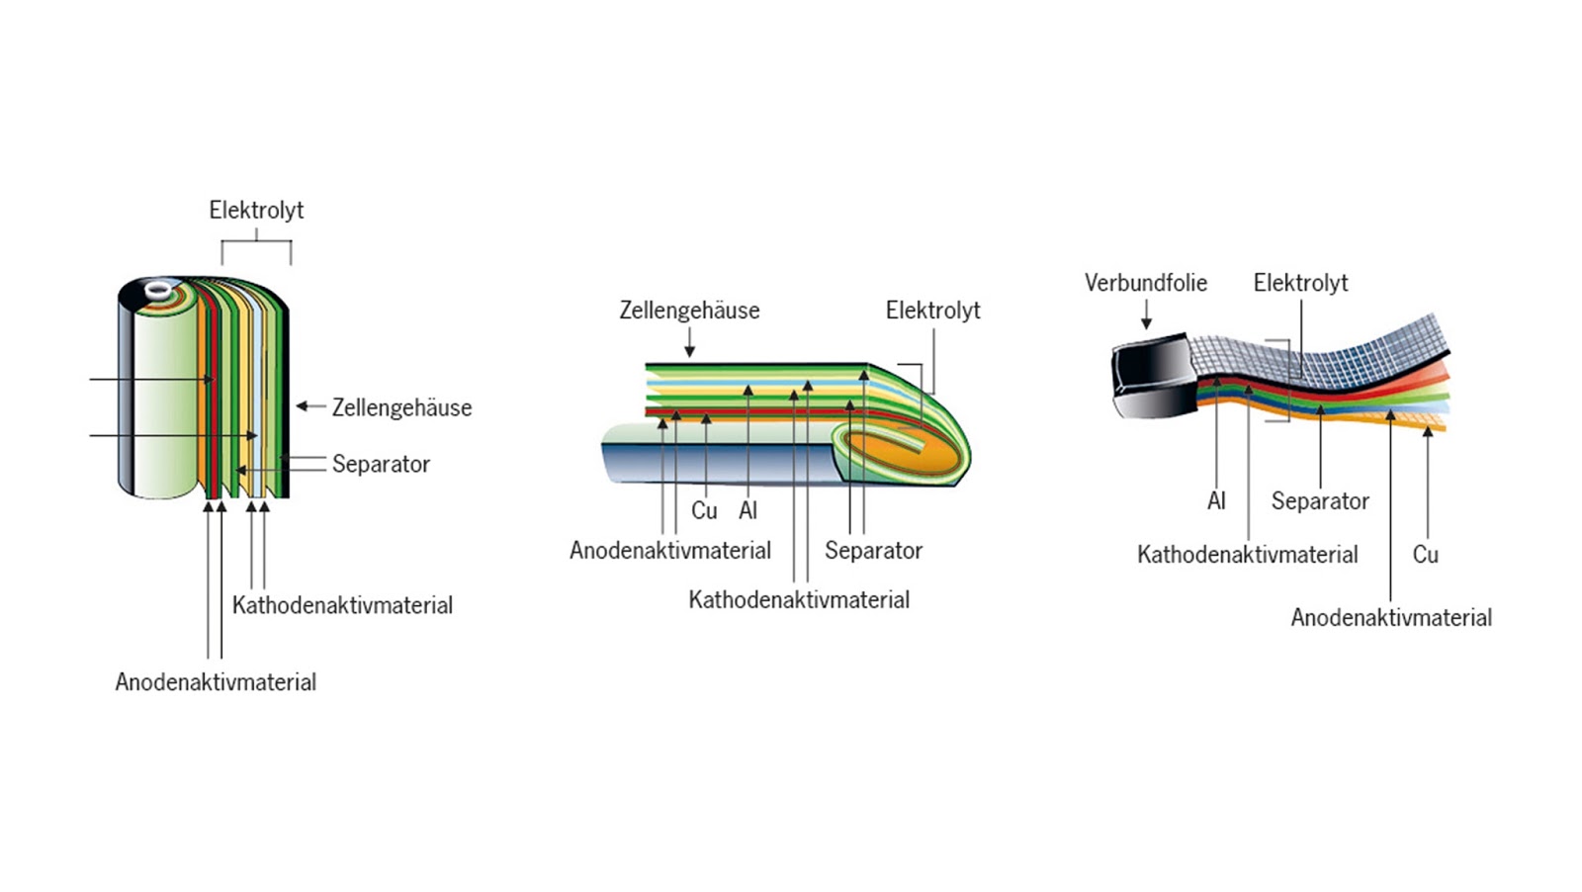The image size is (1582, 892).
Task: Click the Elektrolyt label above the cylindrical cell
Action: tap(256, 211)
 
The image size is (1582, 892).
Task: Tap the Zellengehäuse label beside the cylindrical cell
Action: tap(401, 407)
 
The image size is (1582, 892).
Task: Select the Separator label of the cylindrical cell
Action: tap(381, 464)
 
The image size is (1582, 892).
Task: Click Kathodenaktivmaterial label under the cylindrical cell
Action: tap(342, 605)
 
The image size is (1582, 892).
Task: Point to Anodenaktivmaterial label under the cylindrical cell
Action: tap(216, 682)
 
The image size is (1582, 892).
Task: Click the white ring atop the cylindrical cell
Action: tap(158, 290)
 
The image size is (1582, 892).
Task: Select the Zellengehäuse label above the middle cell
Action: tap(689, 311)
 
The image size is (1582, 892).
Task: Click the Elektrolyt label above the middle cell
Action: tap(932, 311)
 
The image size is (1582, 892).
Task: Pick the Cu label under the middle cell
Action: tap(704, 511)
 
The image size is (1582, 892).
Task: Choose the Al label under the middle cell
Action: tap(747, 511)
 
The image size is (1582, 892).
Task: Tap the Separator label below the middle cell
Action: tap(873, 551)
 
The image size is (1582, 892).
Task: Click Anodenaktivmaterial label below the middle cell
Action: tap(670, 551)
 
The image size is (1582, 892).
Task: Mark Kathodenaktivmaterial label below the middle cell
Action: tap(799, 600)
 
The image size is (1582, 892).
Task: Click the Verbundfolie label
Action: tap(1146, 283)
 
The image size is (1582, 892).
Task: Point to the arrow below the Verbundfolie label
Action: tap(1146, 316)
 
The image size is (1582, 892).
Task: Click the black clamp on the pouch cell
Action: tap(1152, 374)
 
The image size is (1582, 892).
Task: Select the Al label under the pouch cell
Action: tap(1216, 501)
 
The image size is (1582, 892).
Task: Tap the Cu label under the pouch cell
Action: tap(1425, 555)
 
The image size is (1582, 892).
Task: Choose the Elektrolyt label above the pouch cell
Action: tap(1300, 283)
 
